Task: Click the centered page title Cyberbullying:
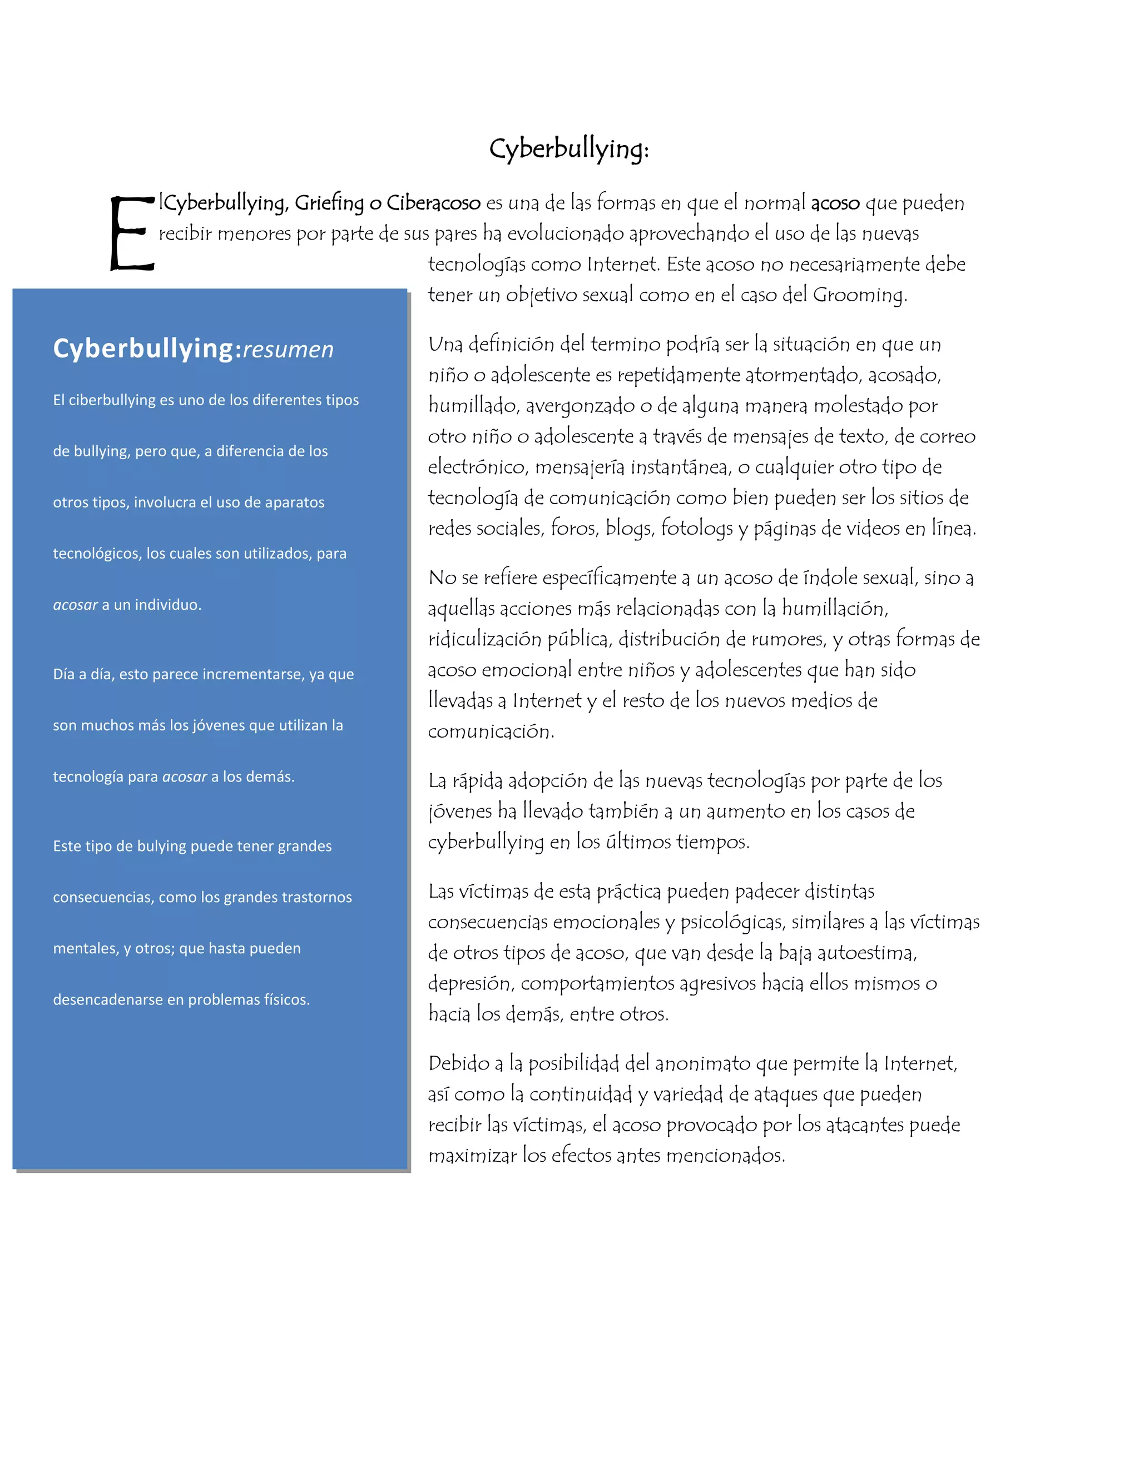(x=569, y=148)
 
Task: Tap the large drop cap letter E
(x=132, y=233)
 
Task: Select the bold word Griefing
(x=329, y=203)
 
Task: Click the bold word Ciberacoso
(x=433, y=203)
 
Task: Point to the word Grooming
(x=858, y=295)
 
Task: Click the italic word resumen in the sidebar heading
(x=288, y=350)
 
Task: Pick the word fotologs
(x=696, y=528)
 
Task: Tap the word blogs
(x=630, y=528)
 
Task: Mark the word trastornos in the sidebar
(x=316, y=897)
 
